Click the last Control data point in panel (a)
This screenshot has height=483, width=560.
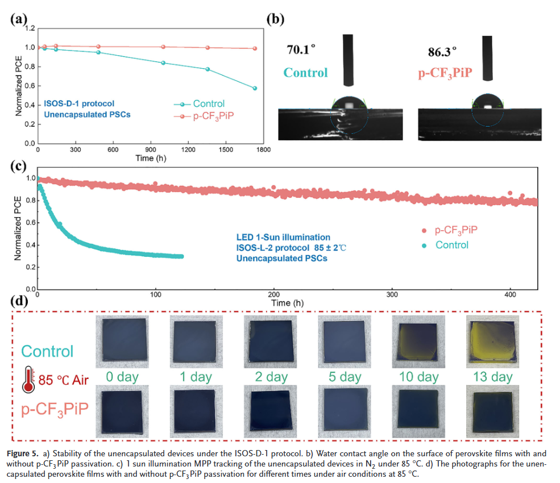tap(255, 88)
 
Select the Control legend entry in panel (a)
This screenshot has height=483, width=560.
tap(208, 104)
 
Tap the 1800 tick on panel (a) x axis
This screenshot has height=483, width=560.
tap(263, 150)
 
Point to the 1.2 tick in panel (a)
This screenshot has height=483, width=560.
tap(29, 28)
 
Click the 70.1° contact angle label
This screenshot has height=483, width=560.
tap(301, 49)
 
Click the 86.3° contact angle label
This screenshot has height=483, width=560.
tap(443, 52)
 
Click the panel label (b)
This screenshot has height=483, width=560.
tap(276, 18)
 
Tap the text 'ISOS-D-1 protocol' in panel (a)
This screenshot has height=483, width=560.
tap(79, 103)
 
